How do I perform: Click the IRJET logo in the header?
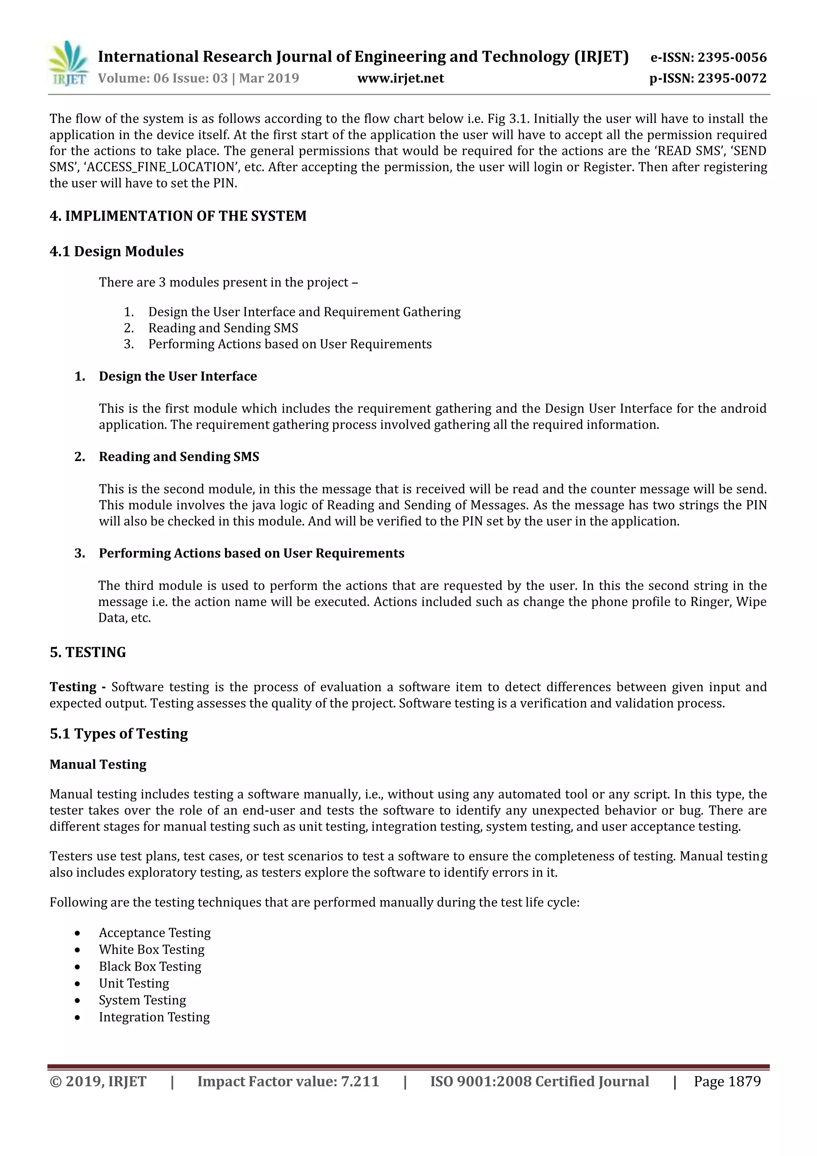[68, 64]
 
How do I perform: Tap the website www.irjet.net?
[400, 79]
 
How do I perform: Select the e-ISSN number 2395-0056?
[731, 57]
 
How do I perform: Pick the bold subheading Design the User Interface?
[178, 377]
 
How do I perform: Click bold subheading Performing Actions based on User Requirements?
[251, 553]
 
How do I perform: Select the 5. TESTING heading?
[88, 652]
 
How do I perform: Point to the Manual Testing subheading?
[98, 764]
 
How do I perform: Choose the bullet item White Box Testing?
[152, 950]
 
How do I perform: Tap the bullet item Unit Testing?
[134, 983]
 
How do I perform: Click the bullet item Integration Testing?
[154, 1017]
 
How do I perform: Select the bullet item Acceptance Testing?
[154, 933]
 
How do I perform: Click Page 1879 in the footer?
[727, 1081]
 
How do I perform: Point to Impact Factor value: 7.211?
[288, 1081]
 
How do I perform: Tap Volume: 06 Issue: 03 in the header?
[163, 79]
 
